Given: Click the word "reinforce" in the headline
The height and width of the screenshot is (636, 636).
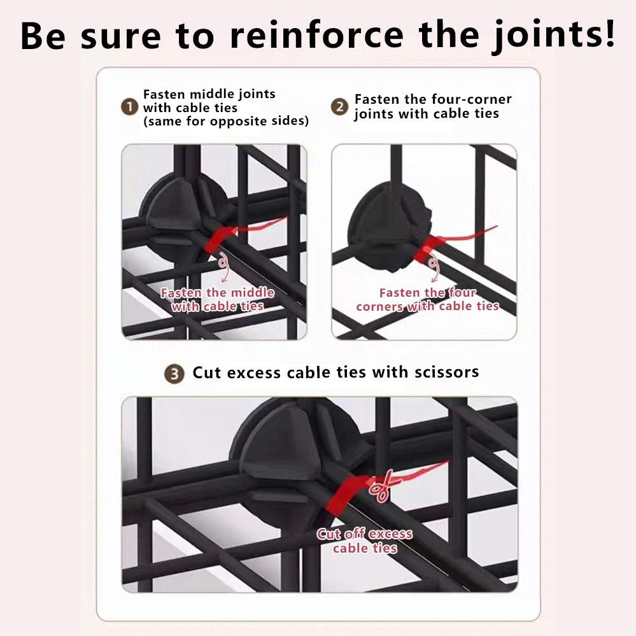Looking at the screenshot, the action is (x=316, y=35).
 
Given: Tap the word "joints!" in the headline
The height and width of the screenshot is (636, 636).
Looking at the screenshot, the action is (x=554, y=36).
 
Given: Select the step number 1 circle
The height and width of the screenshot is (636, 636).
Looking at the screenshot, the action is (x=130, y=107).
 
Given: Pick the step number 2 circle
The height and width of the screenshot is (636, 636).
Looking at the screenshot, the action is (x=339, y=107).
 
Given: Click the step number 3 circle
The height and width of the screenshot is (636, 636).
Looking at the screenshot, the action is (x=174, y=374).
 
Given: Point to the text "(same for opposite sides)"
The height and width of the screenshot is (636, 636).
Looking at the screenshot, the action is (x=226, y=121).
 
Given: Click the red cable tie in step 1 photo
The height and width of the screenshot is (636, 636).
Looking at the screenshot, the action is (x=219, y=239).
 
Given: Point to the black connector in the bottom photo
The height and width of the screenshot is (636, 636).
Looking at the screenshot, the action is (x=296, y=458).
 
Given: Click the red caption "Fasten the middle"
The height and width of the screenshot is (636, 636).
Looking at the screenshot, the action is (x=217, y=292).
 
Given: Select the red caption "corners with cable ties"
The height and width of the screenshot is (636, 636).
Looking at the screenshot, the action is (x=428, y=306).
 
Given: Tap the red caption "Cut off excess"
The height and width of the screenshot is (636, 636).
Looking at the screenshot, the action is (x=365, y=534).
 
